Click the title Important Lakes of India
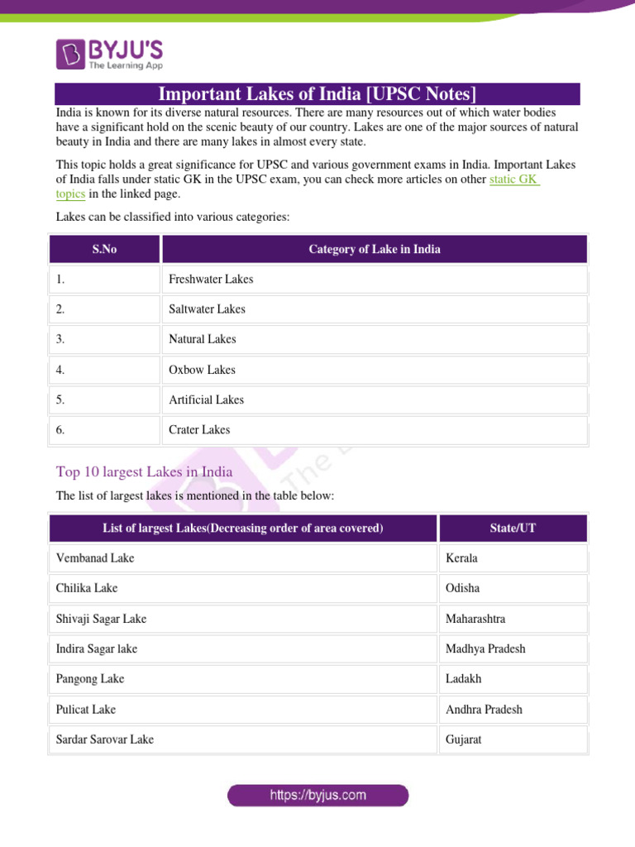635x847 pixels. [x=317, y=93]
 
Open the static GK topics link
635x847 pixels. [x=513, y=179]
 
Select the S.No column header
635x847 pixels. [x=104, y=249]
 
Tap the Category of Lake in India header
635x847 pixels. [x=374, y=249]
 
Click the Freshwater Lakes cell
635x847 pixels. [x=211, y=280]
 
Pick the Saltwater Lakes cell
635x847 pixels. [x=207, y=309]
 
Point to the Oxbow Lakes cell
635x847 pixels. [x=202, y=370]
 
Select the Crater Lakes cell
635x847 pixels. [x=199, y=430]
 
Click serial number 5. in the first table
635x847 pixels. [x=61, y=400]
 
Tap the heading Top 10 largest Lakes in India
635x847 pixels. [x=144, y=471]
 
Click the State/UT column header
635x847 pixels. [x=513, y=529]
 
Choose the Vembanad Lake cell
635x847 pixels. [x=95, y=558]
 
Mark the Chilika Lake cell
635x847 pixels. [x=87, y=588]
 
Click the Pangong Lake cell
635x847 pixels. [x=90, y=679]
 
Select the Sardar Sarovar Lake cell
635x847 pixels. [x=105, y=739]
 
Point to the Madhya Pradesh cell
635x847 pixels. [x=485, y=648]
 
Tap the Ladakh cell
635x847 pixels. [x=463, y=679]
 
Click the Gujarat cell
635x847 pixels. [x=463, y=739]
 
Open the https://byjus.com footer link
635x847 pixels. [x=318, y=796]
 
